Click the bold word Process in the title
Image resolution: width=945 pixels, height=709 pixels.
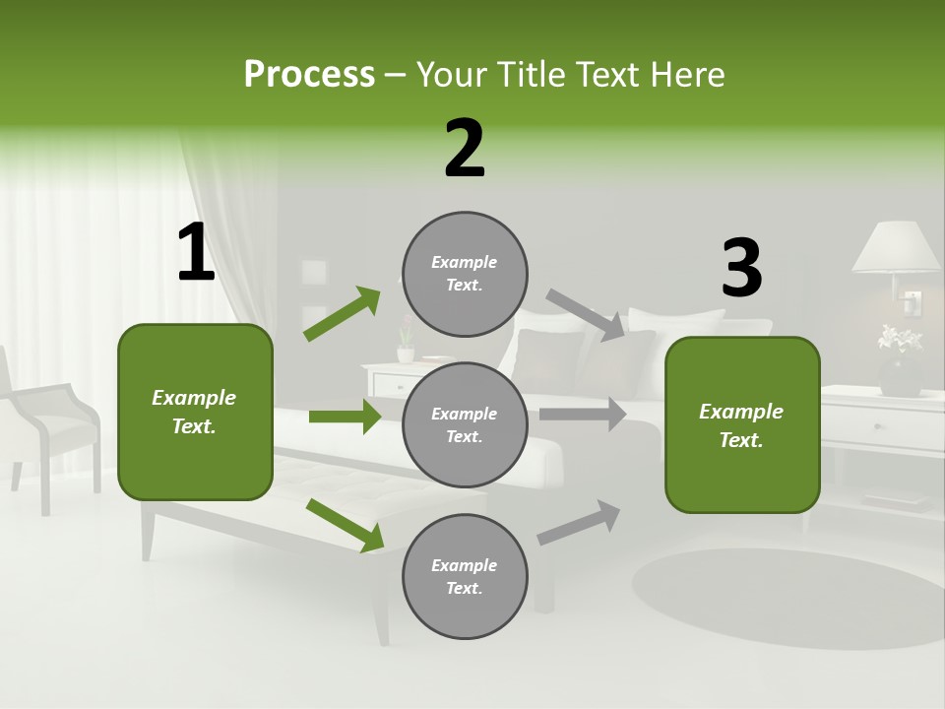(309, 74)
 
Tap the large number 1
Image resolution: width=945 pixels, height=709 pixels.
(196, 253)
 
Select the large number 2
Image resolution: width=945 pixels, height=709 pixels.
(465, 149)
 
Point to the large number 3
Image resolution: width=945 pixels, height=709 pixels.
(741, 269)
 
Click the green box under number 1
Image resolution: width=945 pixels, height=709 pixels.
(195, 412)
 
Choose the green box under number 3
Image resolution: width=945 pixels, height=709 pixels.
(742, 424)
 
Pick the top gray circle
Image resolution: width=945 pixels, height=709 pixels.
(465, 273)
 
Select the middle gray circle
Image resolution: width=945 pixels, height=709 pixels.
(465, 424)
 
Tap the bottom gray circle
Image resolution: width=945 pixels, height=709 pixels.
(465, 576)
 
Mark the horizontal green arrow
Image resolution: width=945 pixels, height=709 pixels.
(345, 417)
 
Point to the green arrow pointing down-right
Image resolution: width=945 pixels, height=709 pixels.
(346, 525)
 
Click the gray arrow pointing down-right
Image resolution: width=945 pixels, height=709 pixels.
(586, 314)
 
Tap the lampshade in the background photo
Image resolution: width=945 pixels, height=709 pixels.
(896, 246)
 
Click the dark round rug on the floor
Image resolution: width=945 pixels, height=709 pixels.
(787, 596)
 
